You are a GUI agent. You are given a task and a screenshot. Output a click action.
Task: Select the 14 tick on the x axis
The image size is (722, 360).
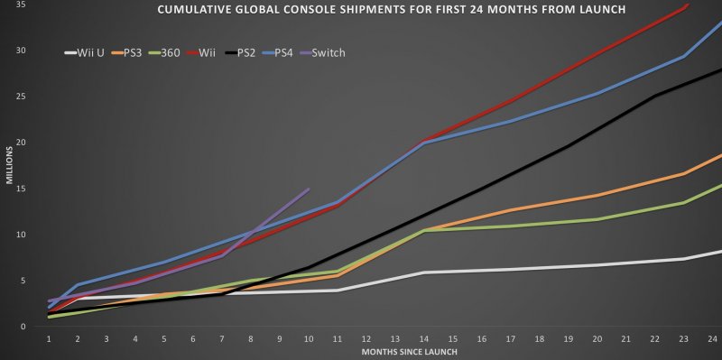pyautogui.click(x=424, y=337)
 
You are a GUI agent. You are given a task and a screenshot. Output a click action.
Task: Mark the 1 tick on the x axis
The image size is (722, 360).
pyautogui.click(x=48, y=337)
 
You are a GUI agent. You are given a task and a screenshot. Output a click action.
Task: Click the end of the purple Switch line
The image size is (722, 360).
pyautogui.click(x=309, y=189)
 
